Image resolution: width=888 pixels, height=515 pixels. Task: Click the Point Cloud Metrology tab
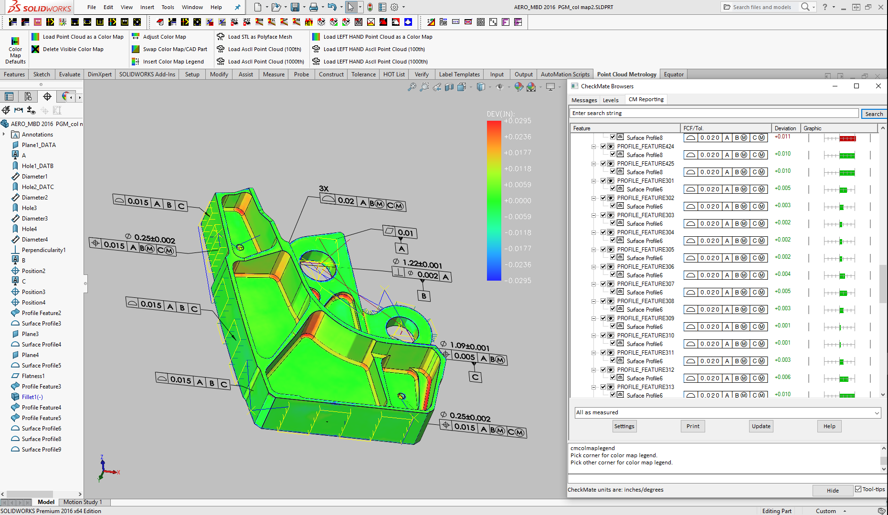coord(626,74)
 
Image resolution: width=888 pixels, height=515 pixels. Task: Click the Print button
coord(693,426)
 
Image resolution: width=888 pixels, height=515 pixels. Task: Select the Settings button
coord(624,426)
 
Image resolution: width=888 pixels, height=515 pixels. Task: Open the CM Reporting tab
coord(646,99)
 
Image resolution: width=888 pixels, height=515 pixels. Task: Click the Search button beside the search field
coord(874,114)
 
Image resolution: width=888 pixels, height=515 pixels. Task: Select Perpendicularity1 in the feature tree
coord(43,250)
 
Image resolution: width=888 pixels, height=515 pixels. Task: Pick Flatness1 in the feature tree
coord(33,376)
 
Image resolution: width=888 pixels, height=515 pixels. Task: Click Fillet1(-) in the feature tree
coord(32,397)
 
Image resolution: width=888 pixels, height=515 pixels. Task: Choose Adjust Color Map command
coord(164,37)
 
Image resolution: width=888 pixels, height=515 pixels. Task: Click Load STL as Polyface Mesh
coord(260,37)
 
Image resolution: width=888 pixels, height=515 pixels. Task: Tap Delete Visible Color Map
coord(73,49)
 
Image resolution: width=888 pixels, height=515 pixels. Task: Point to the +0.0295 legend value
coord(518,121)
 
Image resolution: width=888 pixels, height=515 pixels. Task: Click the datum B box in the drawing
coord(424,296)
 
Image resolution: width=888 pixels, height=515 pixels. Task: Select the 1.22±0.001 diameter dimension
coord(422,264)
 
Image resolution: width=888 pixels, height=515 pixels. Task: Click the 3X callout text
coord(324,189)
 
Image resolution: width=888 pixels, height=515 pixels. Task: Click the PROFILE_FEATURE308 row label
coord(645,301)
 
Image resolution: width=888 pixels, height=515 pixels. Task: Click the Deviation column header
coord(785,128)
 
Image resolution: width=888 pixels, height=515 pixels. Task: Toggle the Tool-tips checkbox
coord(858,489)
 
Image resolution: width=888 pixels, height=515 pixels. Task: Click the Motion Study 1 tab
coord(83,502)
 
